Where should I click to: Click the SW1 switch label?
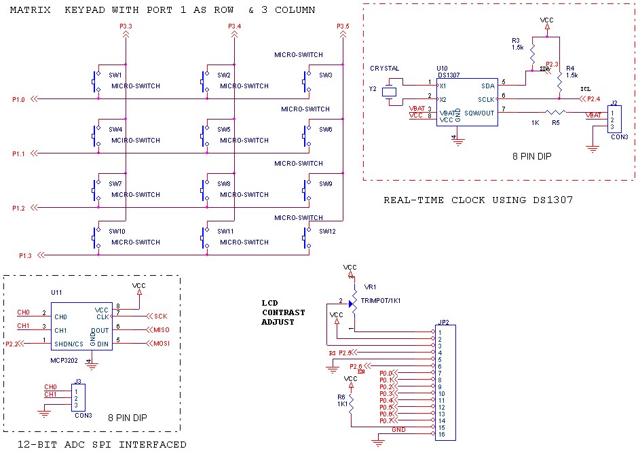115,75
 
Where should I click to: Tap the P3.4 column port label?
234,26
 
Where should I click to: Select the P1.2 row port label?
18,208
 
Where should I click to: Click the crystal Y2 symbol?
390,93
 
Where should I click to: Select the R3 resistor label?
517,41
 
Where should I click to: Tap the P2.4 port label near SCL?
594,99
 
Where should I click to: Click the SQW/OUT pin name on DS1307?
478,113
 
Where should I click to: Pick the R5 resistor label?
555,124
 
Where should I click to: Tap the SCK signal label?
160,316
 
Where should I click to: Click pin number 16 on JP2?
440,434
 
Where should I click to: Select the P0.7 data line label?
386,421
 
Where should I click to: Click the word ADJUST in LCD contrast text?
278,323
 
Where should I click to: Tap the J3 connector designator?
78,381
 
